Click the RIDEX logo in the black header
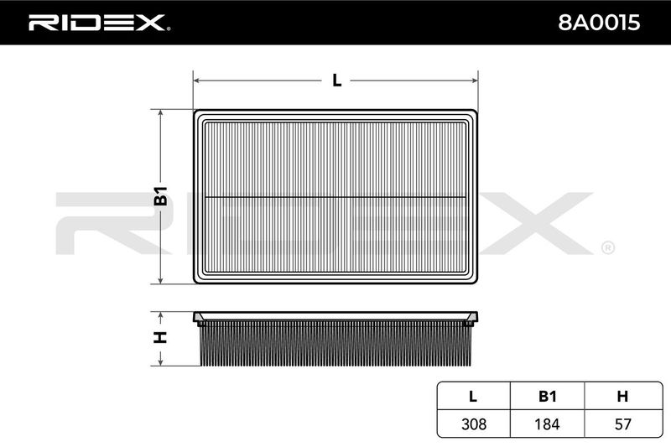click(x=99, y=23)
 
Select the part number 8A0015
click(x=599, y=23)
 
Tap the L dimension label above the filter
click(x=337, y=80)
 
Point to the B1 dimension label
click(x=160, y=195)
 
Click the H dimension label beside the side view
click(x=160, y=337)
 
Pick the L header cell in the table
click(x=473, y=396)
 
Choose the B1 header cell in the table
click(x=548, y=396)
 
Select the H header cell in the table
click(x=622, y=396)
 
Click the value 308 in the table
click(x=474, y=424)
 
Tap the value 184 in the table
click(x=547, y=424)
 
